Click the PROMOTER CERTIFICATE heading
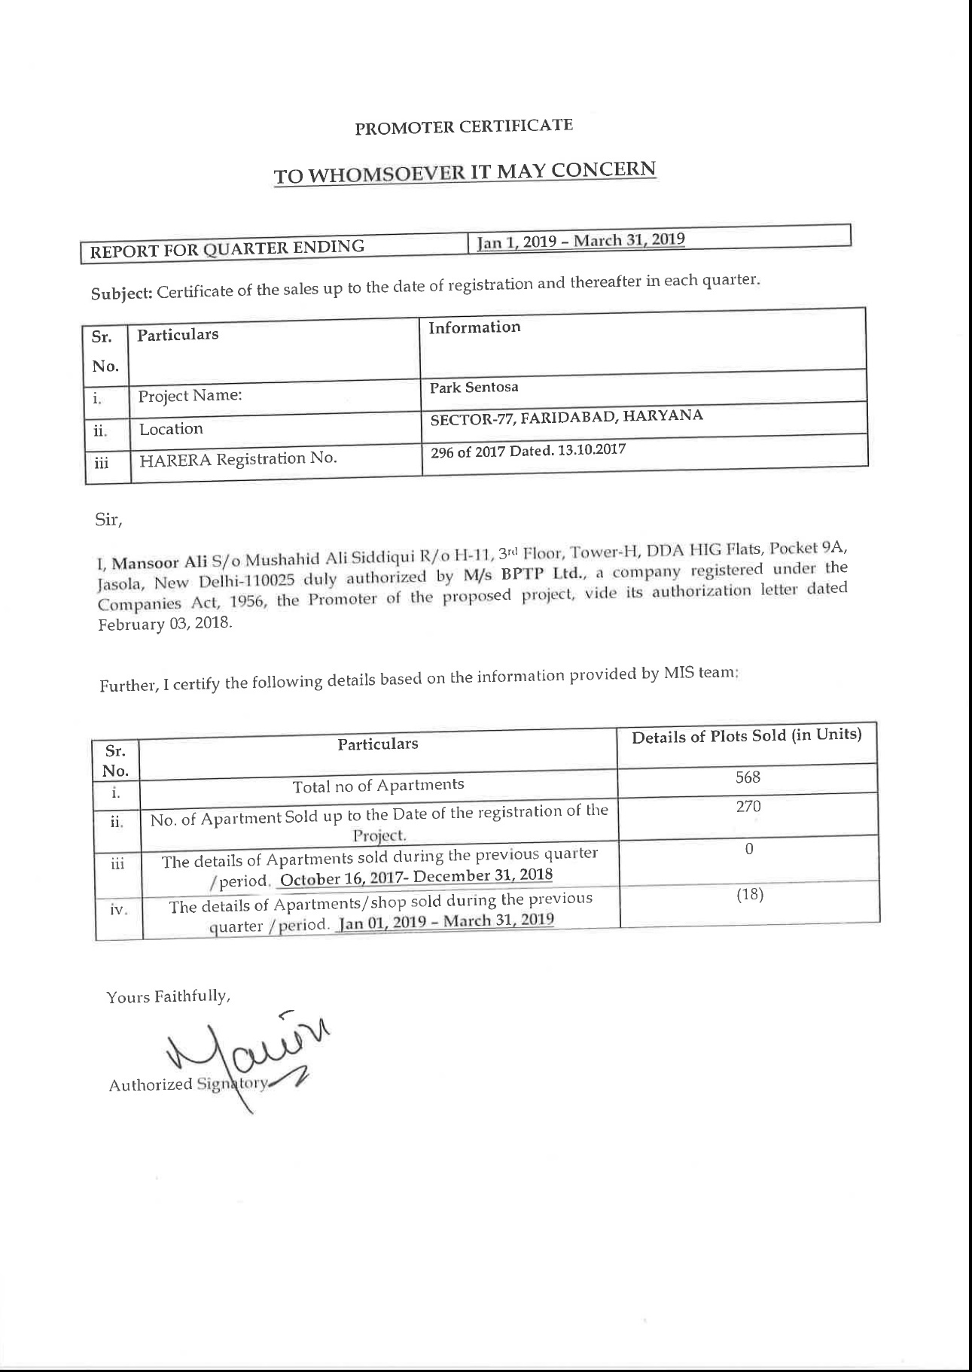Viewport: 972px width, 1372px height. [x=464, y=126]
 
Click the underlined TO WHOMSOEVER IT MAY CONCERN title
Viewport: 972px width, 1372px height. [x=465, y=172]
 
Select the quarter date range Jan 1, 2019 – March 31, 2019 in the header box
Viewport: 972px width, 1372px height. [x=581, y=241]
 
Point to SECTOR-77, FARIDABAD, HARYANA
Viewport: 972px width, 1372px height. [x=566, y=417]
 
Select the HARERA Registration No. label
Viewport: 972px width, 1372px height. [x=237, y=458]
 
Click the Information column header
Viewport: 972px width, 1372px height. [x=474, y=327]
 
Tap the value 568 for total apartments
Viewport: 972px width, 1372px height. [x=748, y=777]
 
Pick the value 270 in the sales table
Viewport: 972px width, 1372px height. [x=748, y=807]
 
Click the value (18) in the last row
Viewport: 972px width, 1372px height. [x=749, y=894]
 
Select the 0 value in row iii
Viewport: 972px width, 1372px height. [x=749, y=849]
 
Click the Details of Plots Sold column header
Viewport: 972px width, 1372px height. [x=746, y=735]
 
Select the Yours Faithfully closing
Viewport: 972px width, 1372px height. [x=168, y=997]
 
